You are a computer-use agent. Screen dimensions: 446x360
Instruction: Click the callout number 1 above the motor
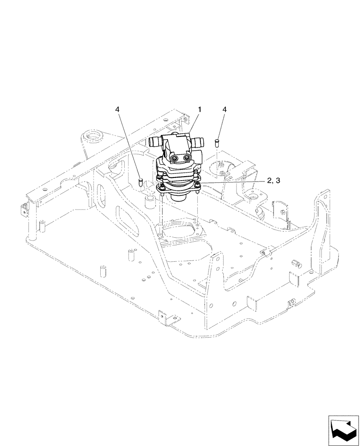pos(200,109)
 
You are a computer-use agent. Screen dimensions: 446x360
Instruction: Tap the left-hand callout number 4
pos(117,109)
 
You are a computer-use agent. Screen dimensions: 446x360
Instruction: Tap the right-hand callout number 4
pos(224,109)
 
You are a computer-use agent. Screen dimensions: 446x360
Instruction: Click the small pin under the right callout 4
pos(218,142)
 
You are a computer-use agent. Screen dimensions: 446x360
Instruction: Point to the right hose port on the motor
pos(198,142)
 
